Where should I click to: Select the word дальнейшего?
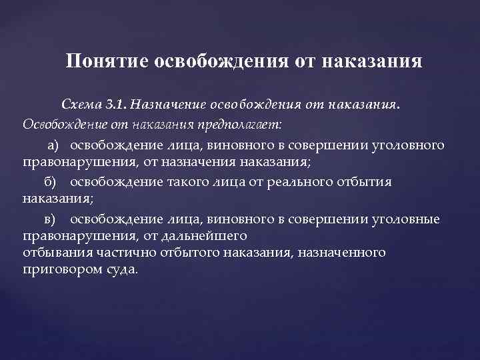tap(210, 235)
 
